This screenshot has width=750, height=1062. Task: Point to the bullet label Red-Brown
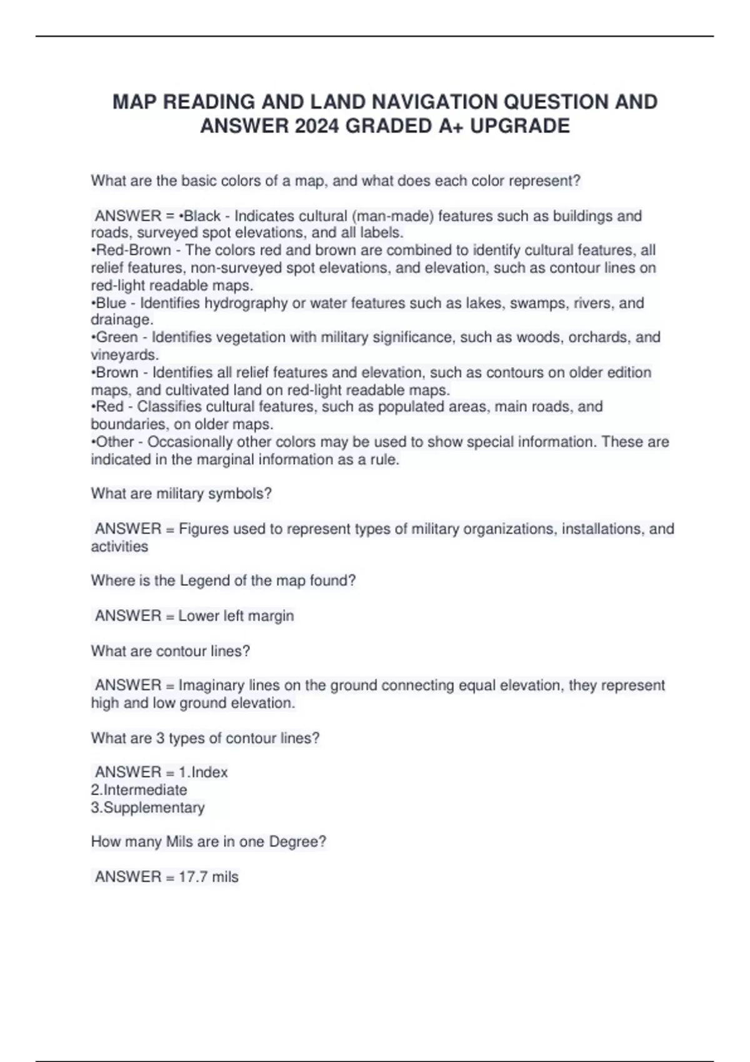(133, 251)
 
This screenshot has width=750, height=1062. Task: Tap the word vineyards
(124, 355)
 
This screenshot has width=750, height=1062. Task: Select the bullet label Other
(115, 442)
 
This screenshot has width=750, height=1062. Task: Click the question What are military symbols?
(181, 494)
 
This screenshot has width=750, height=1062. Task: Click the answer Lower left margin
(236, 616)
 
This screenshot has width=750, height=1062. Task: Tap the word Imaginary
(212, 685)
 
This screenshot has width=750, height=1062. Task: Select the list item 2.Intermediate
(139, 790)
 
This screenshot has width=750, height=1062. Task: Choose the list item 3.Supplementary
(147, 808)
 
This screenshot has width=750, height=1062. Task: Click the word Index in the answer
(209, 773)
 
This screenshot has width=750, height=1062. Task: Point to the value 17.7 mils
(208, 877)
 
